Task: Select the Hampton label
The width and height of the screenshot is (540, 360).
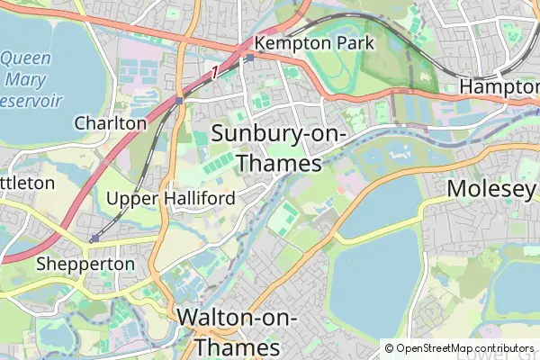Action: click(499, 87)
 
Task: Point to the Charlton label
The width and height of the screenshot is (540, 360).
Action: click(111, 122)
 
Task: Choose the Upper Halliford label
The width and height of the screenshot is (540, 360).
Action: click(171, 198)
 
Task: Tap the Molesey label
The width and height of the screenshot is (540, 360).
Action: click(491, 189)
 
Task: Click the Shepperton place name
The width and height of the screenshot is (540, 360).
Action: click(85, 265)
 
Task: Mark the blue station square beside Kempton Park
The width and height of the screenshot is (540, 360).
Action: click(249, 58)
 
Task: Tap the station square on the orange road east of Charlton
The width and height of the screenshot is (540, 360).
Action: click(179, 100)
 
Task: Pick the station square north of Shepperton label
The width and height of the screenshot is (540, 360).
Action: click(94, 238)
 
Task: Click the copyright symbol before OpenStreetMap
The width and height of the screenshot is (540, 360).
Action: click(389, 348)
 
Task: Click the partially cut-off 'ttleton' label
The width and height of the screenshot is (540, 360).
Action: click(27, 183)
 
